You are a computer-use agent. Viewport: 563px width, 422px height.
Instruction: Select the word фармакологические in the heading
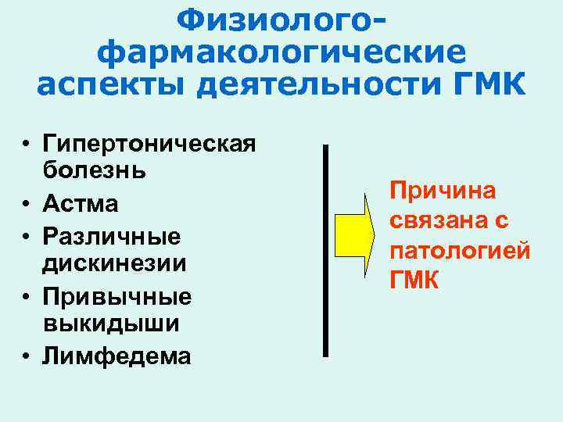pos(281,52)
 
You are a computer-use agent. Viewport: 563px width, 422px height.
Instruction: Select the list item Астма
pos(81,204)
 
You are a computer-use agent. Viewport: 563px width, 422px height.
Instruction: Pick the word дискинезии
pos(115,263)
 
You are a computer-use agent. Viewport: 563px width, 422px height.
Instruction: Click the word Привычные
pos(117,296)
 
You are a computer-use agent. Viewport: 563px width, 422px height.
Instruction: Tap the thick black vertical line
pos(325,250)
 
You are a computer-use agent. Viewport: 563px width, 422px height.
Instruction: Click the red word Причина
pos(437,192)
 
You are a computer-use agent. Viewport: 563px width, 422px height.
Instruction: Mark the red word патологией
pos(461,251)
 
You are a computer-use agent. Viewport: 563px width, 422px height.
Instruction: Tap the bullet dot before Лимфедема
pos(27,356)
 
